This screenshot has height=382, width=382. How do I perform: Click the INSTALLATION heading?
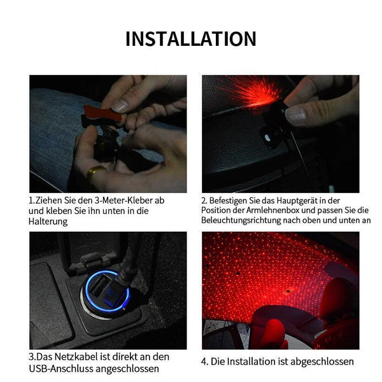191,39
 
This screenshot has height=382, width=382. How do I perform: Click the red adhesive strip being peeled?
103,113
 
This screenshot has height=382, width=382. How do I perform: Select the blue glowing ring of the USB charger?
107,291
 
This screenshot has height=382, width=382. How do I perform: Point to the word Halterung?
48,222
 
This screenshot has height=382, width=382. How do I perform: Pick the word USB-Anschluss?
61,369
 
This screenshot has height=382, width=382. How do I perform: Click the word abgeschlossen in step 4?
322,362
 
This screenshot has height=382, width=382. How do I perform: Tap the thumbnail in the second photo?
296,115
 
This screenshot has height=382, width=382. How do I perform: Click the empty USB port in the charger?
100,285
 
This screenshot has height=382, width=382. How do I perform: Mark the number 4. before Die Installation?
204,362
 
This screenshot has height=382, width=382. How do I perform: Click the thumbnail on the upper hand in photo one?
120,106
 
